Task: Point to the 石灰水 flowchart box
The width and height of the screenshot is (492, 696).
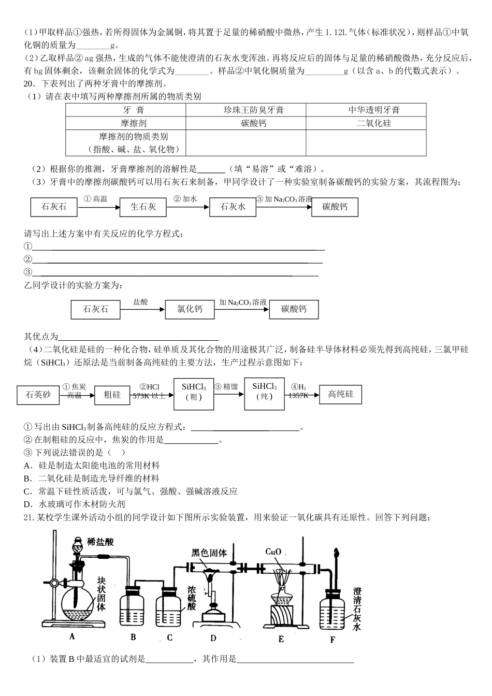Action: [233, 207]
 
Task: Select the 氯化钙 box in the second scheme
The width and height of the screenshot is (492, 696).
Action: [190, 309]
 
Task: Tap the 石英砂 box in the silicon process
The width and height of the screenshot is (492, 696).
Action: [38, 395]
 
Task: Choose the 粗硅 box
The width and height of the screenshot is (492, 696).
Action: [112, 395]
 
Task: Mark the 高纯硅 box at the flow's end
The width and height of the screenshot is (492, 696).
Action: [340, 395]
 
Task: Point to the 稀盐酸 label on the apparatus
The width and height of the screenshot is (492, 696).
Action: [100, 542]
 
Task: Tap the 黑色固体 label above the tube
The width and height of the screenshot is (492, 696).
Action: [209, 553]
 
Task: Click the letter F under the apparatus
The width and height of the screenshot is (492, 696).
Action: [332, 640]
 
